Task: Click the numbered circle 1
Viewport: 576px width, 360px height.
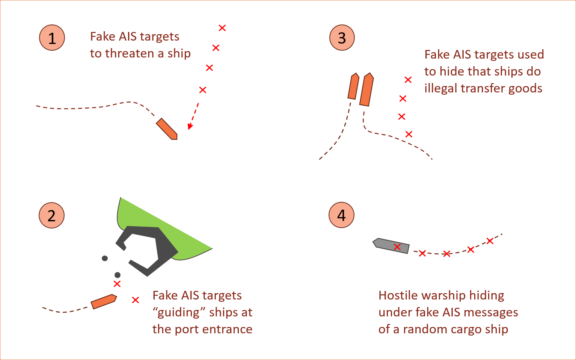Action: pyautogui.click(x=52, y=38)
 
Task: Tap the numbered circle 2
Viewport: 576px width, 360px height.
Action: pyautogui.click(x=52, y=215)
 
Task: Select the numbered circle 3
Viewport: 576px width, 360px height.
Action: pyautogui.click(x=342, y=38)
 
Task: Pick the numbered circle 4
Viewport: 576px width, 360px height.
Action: pyautogui.click(x=341, y=215)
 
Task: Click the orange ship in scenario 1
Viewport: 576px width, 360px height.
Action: pyautogui.click(x=167, y=129)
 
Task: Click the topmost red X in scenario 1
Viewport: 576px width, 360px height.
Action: pyautogui.click(x=222, y=28)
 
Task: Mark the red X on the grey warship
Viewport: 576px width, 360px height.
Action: pyautogui.click(x=397, y=247)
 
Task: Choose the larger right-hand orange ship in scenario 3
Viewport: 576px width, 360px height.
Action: pyautogui.click(x=366, y=89)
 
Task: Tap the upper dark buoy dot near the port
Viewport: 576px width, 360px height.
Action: pyautogui.click(x=105, y=258)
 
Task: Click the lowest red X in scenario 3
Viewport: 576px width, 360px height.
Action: pyautogui.click(x=409, y=134)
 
